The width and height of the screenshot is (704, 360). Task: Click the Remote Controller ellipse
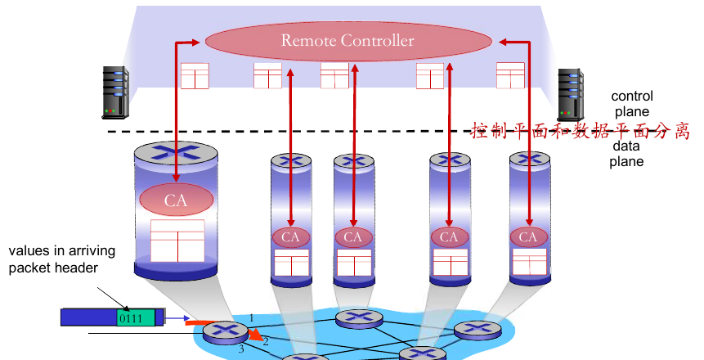click(x=348, y=40)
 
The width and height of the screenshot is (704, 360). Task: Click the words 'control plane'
click(x=631, y=104)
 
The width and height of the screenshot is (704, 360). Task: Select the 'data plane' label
click(x=627, y=154)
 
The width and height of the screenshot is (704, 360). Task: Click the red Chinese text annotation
click(x=580, y=131)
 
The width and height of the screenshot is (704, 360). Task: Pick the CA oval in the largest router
click(x=176, y=200)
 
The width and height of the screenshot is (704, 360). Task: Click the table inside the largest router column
click(x=177, y=241)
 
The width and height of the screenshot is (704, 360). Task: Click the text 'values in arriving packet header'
click(x=62, y=259)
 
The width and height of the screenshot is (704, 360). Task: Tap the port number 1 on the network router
click(x=252, y=317)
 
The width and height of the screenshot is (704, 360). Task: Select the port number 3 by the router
click(x=241, y=349)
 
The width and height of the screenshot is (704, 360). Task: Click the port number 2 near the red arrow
click(x=266, y=341)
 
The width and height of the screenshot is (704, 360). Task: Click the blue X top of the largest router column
click(x=177, y=151)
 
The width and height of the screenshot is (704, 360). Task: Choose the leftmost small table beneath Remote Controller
click(x=195, y=76)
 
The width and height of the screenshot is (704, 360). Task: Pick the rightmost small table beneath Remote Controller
click(x=510, y=75)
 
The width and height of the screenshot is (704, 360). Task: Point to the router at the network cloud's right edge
click(x=478, y=330)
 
